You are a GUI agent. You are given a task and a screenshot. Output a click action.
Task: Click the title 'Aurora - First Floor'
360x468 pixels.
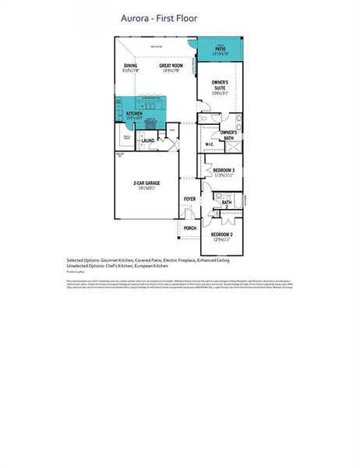[159, 16]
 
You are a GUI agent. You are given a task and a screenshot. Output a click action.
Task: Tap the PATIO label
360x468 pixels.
[220, 48]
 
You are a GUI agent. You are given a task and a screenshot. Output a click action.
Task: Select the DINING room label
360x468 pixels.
[130, 66]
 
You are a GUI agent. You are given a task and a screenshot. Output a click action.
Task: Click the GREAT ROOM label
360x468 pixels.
[171, 66]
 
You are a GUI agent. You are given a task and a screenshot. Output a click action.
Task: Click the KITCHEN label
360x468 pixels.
[134, 113]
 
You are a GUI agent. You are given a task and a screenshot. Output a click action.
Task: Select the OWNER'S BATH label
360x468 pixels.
[228, 135]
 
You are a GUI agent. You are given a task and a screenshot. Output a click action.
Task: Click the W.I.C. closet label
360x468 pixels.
[210, 144]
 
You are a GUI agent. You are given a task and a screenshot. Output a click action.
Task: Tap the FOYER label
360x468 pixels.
[189, 199]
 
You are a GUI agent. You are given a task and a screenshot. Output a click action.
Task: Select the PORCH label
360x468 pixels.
[189, 229]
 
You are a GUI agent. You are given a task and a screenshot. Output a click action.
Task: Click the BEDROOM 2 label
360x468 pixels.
[222, 233]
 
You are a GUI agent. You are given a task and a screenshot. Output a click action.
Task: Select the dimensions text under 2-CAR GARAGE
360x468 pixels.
[146, 188]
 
